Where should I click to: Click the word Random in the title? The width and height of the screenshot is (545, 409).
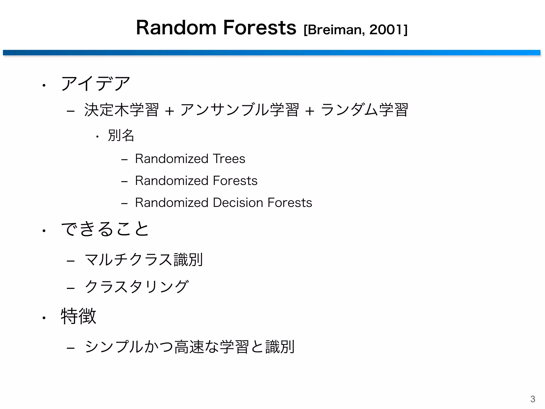click(x=176, y=28)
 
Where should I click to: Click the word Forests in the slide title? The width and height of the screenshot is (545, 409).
click(x=259, y=28)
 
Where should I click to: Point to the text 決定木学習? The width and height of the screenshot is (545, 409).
click(x=121, y=110)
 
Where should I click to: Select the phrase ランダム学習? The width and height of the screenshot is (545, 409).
click(x=364, y=110)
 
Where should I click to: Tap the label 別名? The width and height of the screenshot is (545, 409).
click(x=121, y=135)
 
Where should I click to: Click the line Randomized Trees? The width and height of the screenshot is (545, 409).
click(x=190, y=159)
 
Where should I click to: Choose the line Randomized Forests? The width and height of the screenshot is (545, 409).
click(x=196, y=181)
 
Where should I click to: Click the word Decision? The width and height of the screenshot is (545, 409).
click(x=238, y=203)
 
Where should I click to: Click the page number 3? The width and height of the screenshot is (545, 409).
click(x=532, y=399)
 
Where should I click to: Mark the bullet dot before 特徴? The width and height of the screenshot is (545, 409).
click(x=44, y=318)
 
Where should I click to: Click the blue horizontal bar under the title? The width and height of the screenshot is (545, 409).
click(x=271, y=52)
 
